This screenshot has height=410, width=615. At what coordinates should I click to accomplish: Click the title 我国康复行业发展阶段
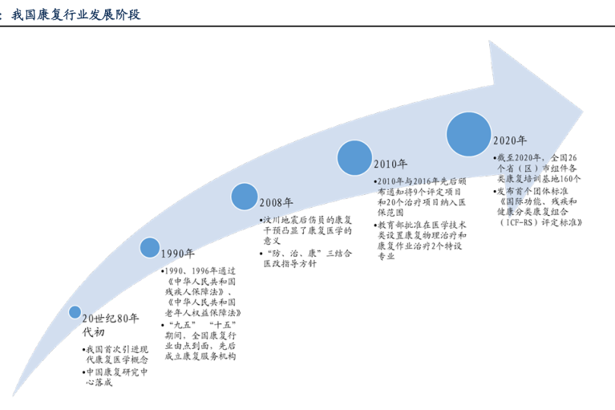77,14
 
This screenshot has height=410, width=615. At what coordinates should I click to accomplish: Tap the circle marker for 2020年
469,134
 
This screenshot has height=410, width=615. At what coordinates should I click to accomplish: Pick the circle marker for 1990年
150,247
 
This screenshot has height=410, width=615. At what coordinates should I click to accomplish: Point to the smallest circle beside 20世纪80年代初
75,311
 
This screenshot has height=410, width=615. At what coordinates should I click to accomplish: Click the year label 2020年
510,141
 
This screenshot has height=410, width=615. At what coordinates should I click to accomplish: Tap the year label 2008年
277,202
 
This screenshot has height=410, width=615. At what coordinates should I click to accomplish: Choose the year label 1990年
179,254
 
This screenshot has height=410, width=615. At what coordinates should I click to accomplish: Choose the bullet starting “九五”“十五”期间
198,339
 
